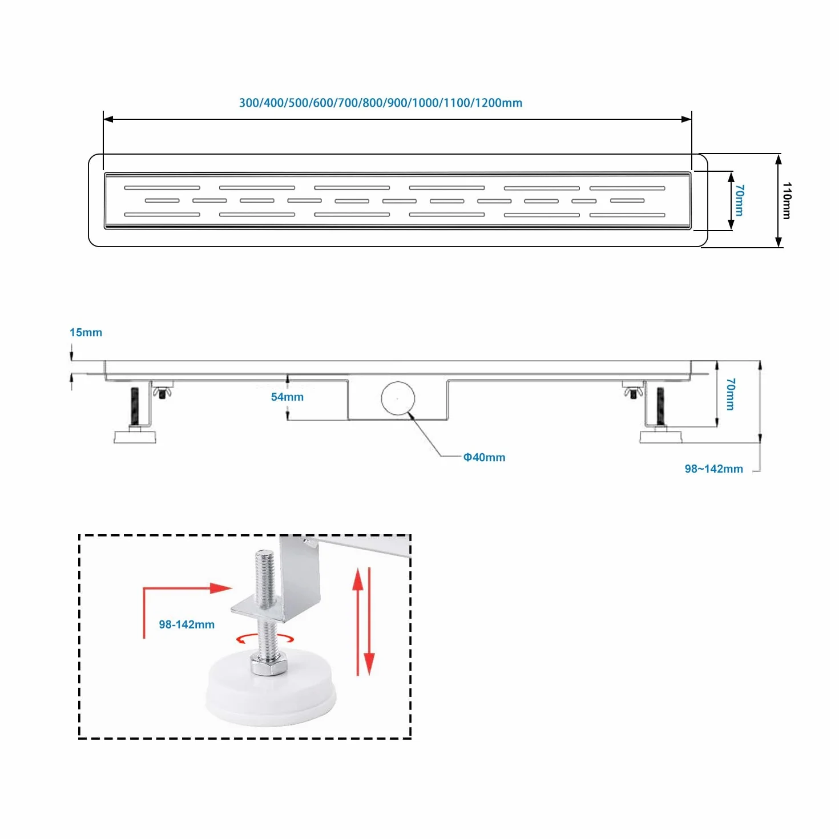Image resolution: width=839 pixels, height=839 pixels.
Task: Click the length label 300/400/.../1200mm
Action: [x=380, y=103]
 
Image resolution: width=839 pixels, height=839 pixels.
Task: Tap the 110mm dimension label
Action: [x=786, y=200]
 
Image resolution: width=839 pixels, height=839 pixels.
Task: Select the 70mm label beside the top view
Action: [x=739, y=200]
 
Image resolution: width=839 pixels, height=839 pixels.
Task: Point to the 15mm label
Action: [x=86, y=332]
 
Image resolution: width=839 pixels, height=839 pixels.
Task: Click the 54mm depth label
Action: [x=287, y=397]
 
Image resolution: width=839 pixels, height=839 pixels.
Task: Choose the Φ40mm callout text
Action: [x=484, y=457]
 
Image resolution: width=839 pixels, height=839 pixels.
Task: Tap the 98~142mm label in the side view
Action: [x=713, y=469]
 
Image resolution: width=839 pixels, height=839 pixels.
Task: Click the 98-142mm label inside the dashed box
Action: [x=186, y=624]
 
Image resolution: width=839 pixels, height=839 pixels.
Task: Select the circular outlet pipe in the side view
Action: [x=397, y=398]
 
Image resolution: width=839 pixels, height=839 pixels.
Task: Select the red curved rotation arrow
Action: [x=265, y=638]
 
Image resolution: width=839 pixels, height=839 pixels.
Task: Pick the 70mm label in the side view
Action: [x=730, y=394]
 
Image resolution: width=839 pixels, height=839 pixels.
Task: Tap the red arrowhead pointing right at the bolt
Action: [x=221, y=588]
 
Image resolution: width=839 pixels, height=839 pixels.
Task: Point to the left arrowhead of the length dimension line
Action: [x=108, y=119]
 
